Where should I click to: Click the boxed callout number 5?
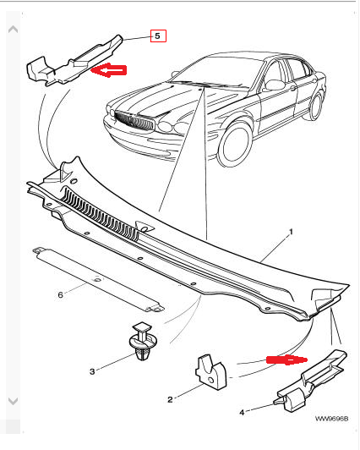coord(158,36)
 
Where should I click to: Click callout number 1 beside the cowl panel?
coord(291,232)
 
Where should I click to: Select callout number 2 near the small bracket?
coord(170,399)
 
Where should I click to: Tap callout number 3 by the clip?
coord(92,371)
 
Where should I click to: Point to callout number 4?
coord(242,412)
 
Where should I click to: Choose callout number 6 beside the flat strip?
coord(60,294)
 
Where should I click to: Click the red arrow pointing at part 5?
coord(109,70)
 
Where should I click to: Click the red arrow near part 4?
coord(287,359)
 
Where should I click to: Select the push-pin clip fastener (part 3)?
coord(143,341)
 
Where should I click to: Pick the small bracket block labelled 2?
coord(210,372)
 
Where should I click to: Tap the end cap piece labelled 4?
coord(311,381)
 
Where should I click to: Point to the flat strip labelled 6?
coord(98,279)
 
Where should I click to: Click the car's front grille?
coord(134,120)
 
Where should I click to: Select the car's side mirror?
coord(275,85)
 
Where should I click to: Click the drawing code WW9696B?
coord(331,419)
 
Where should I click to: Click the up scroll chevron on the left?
coord(13,30)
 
